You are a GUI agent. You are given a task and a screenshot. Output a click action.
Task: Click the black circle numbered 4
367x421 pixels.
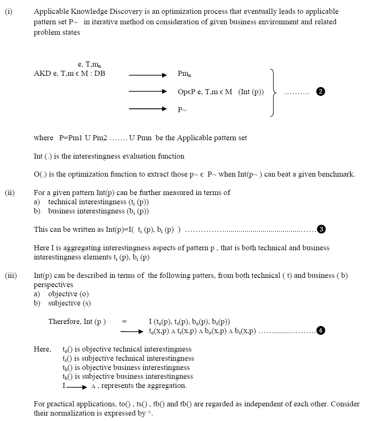click(x=320, y=331)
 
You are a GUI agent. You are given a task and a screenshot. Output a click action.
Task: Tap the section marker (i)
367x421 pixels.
click(x=9, y=12)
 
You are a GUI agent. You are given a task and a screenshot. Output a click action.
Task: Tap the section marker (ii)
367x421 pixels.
click(x=10, y=193)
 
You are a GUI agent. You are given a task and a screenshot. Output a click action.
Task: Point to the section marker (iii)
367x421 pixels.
click(x=11, y=275)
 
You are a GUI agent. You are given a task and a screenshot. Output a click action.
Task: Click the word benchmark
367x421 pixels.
click(x=336, y=174)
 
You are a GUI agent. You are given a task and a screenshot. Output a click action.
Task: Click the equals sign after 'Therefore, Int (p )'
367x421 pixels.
click(x=124, y=322)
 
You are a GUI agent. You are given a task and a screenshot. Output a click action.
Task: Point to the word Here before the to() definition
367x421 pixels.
click(x=42, y=349)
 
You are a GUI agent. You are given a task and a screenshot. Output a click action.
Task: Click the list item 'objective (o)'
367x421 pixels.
click(x=68, y=294)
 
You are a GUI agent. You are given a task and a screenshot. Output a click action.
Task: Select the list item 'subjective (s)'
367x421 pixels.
click(x=69, y=303)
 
